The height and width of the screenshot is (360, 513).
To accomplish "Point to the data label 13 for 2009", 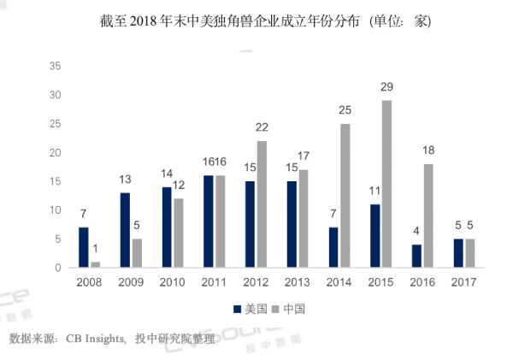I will [x=125, y=180].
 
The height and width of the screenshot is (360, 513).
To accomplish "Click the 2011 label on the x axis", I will [x=215, y=283].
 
